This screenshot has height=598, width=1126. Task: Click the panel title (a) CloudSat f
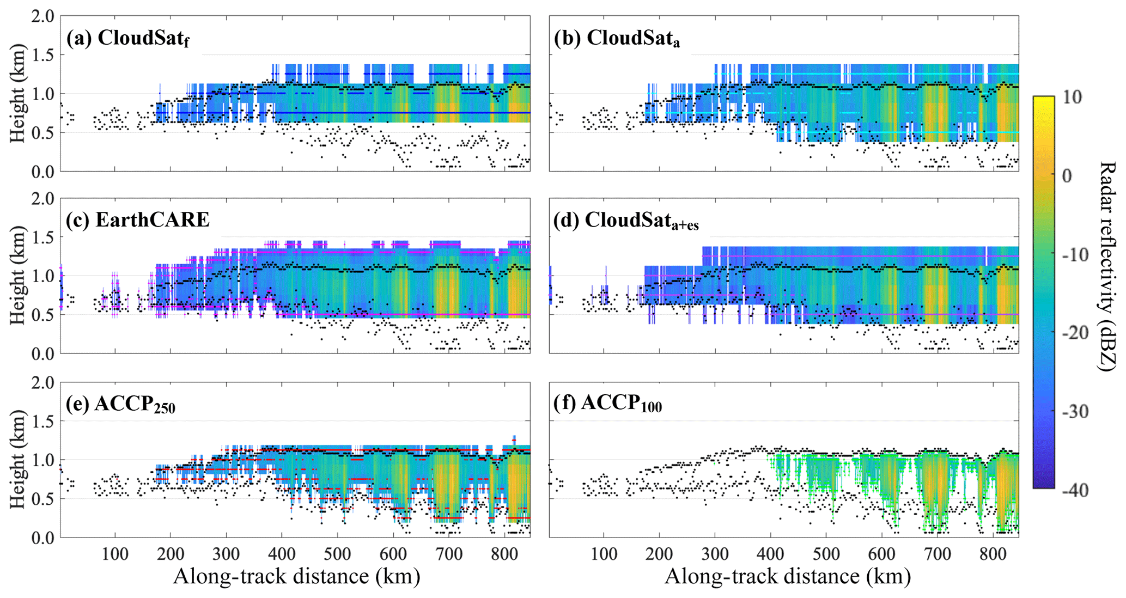pos(128,39)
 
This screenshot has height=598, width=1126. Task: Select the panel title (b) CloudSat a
pos(617,39)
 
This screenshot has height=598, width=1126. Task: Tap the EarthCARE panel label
pos(138,219)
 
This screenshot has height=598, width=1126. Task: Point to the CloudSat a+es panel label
pos(626,221)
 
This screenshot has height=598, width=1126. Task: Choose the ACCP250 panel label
pos(121,404)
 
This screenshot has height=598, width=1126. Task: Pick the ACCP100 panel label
pos(608,404)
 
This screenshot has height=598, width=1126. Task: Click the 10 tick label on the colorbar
pos(1070,97)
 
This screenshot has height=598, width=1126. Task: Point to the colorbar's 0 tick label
pos(1067,176)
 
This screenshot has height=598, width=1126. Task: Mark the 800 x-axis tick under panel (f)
pos(993,555)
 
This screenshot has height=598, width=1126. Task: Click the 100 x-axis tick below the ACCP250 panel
pos(115,555)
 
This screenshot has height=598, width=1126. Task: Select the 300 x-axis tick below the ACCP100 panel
pos(715,555)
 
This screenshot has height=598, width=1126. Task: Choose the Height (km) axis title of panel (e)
pos(17,460)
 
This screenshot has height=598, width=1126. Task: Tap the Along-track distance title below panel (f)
pos(788,577)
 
